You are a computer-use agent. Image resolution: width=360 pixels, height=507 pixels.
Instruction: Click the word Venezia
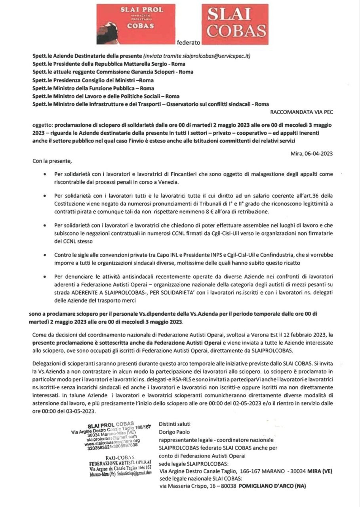point(169,182)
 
